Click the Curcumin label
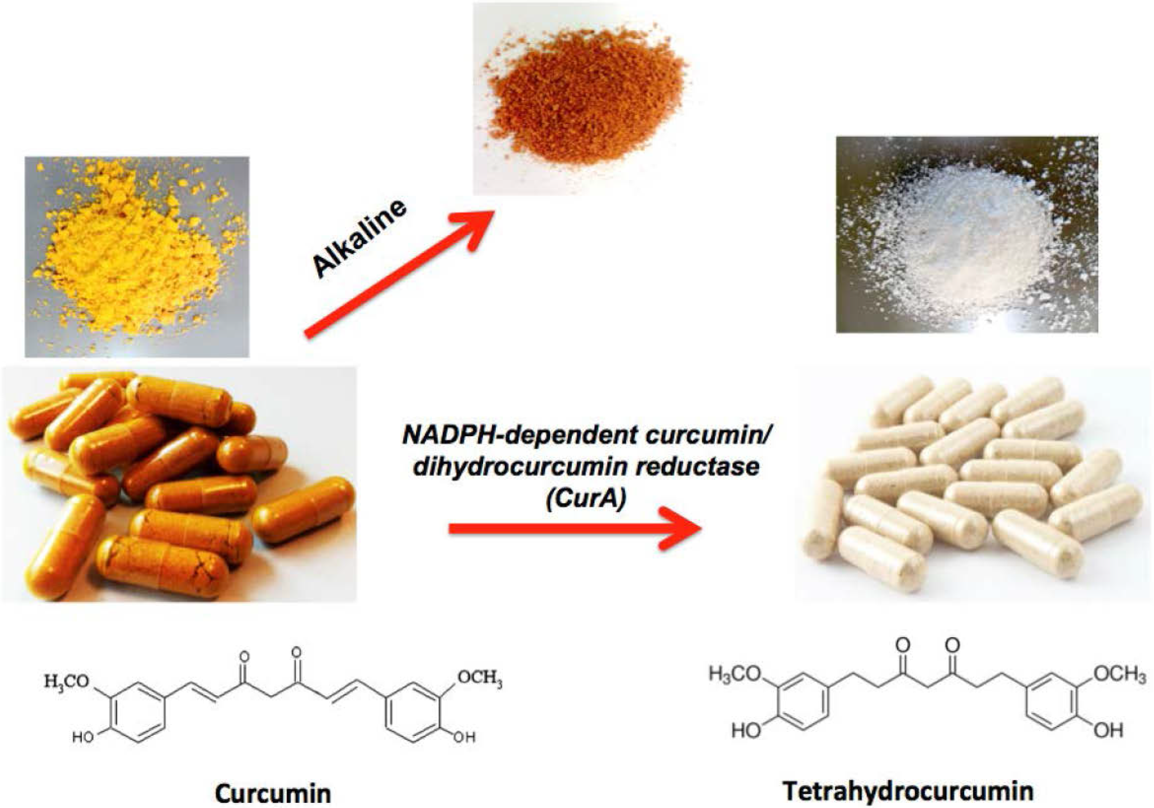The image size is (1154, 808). coord(273,793)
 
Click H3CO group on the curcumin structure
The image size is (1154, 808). coord(66,681)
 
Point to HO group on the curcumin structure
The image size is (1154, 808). coord(83,737)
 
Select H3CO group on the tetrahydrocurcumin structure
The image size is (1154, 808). coord(735,674)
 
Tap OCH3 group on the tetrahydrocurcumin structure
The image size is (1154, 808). coord(1120,674)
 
